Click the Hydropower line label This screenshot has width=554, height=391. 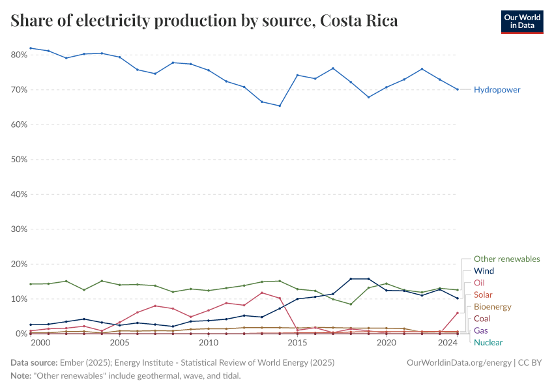click(497, 89)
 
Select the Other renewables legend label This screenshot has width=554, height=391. click(506, 259)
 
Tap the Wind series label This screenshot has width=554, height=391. click(484, 270)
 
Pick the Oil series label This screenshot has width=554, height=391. click(479, 283)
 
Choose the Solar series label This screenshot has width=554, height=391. click(483, 295)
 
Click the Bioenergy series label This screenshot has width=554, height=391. click(492, 307)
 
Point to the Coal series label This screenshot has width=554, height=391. click(482, 319)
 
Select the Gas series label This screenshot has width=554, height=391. click(481, 330)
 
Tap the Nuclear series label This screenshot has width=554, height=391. click(488, 342)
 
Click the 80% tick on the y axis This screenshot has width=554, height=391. click(18, 55)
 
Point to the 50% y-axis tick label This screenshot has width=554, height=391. click(18, 159)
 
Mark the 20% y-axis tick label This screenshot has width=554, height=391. click(18, 264)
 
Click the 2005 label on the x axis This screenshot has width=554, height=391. click(119, 342)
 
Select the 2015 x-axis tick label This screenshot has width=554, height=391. click(298, 342)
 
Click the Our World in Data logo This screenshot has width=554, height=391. click(521, 22)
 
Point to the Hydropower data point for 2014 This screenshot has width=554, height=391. click(280, 106)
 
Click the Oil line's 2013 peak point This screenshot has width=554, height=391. click(262, 293)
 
